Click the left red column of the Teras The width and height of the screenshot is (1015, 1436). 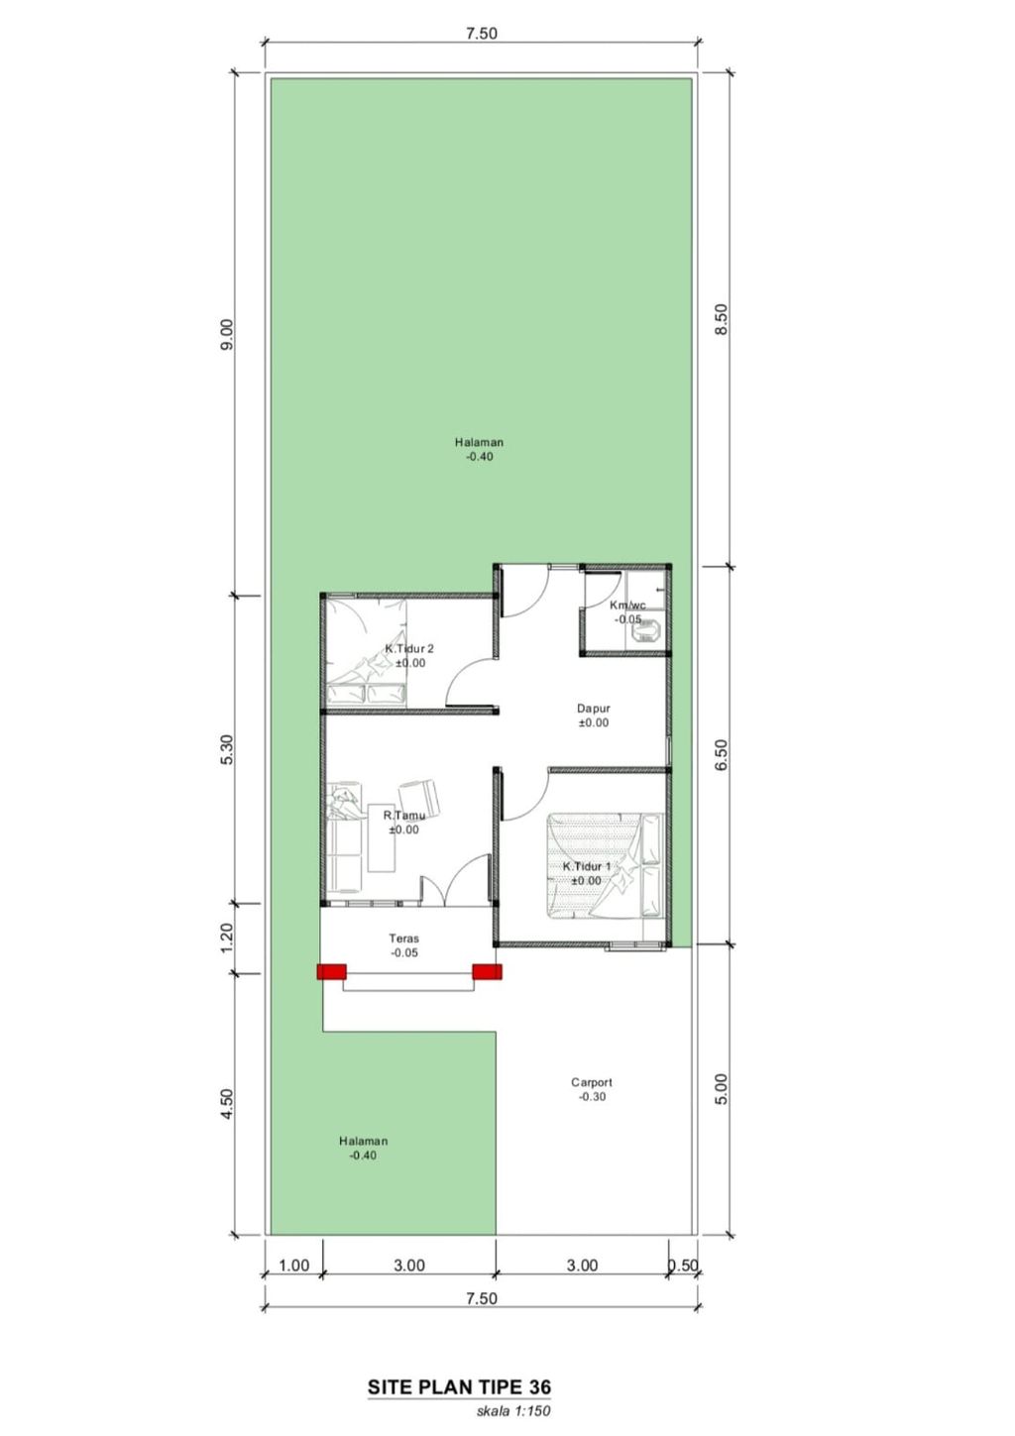click(x=331, y=972)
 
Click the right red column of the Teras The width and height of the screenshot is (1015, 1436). click(x=487, y=972)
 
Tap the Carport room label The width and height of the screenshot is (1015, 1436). click(x=592, y=1082)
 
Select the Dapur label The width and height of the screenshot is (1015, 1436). click(x=593, y=709)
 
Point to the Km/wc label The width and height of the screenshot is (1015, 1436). click(x=627, y=605)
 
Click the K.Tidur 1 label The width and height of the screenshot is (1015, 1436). click(x=587, y=867)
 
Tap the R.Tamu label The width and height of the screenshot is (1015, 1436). click(x=404, y=816)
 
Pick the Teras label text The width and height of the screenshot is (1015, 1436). click(x=404, y=939)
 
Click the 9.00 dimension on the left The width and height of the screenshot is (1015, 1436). click(x=227, y=334)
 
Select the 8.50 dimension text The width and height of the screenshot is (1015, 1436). click(x=722, y=318)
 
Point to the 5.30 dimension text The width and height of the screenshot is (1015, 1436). click(x=227, y=749)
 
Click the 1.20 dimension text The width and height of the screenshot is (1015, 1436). click(x=227, y=938)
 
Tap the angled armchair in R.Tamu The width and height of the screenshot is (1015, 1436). click(x=420, y=798)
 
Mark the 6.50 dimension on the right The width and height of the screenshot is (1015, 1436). click(x=722, y=755)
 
